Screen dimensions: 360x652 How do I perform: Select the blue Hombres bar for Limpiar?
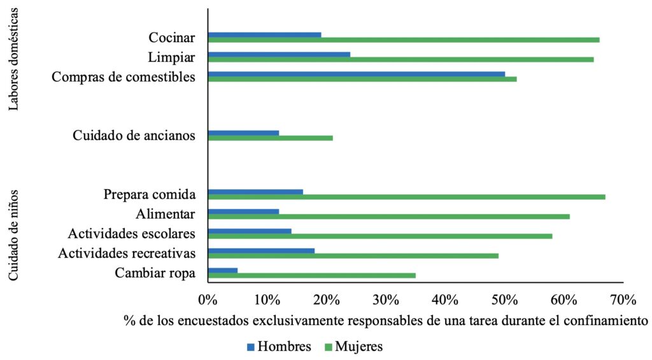point(279,54)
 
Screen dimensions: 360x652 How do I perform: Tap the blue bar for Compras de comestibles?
point(356,74)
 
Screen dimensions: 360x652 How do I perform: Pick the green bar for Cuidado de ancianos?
point(270,138)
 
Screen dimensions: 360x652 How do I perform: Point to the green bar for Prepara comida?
point(406,197)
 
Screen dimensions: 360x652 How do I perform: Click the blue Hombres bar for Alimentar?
point(243,212)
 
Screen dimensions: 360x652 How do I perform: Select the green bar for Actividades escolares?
point(379,236)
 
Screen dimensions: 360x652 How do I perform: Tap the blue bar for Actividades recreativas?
point(261,250)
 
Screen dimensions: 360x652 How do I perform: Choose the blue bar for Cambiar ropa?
point(222,270)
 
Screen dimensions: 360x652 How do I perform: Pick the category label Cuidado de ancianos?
point(133,135)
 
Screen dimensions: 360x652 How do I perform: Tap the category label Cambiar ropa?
point(155,273)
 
